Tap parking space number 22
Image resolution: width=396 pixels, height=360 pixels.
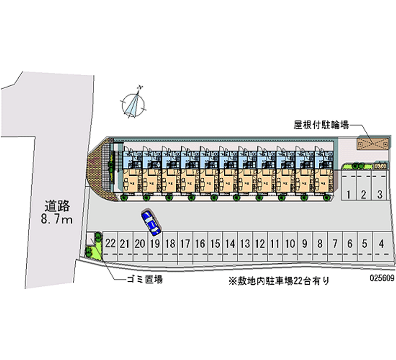coord(110,243)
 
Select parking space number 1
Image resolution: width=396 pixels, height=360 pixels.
coord(349,194)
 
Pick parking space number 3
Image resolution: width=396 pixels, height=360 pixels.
coord(379,194)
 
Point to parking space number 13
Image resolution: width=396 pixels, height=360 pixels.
coord(245,243)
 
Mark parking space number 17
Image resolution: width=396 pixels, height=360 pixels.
coord(185,243)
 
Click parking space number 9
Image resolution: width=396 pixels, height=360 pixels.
coord(305,243)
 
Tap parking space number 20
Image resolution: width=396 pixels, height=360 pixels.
coord(140,243)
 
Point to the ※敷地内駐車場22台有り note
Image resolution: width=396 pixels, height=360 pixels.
coord(278,281)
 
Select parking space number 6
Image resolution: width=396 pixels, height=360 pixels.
coord(350,243)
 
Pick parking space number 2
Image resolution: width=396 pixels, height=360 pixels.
coord(364,194)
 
